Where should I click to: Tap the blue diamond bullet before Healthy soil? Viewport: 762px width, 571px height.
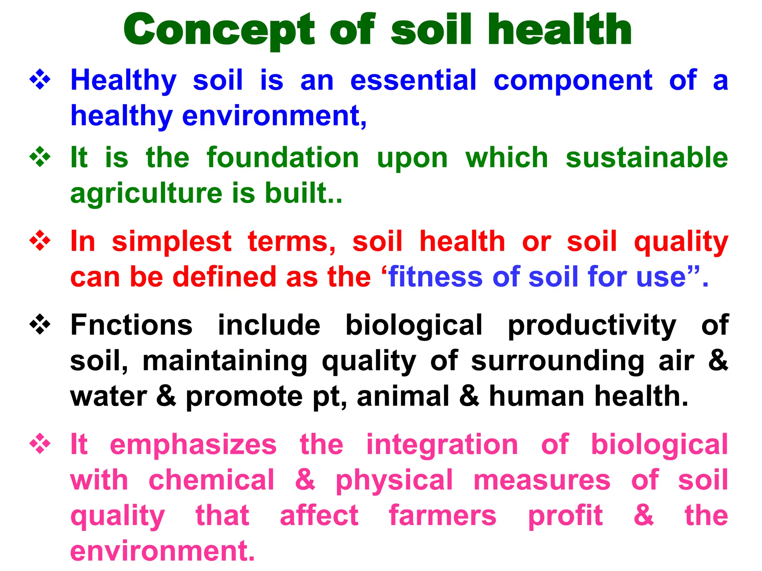(x=40, y=80)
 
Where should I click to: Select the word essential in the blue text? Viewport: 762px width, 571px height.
(x=413, y=80)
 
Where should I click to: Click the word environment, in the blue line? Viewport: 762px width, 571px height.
(x=274, y=116)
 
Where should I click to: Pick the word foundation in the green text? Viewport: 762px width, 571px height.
(x=283, y=158)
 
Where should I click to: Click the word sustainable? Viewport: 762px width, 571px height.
(x=647, y=158)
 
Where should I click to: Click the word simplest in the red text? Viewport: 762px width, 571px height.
(x=172, y=242)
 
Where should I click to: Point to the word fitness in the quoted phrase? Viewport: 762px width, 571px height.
(x=435, y=277)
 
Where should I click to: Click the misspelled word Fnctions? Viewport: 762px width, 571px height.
(x=131, y=325)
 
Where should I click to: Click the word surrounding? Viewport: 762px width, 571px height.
(x=557, y=361)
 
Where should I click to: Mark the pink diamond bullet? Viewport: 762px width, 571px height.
(x=40, y=445)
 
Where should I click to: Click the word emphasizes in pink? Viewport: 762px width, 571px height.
(x=193, y=445)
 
